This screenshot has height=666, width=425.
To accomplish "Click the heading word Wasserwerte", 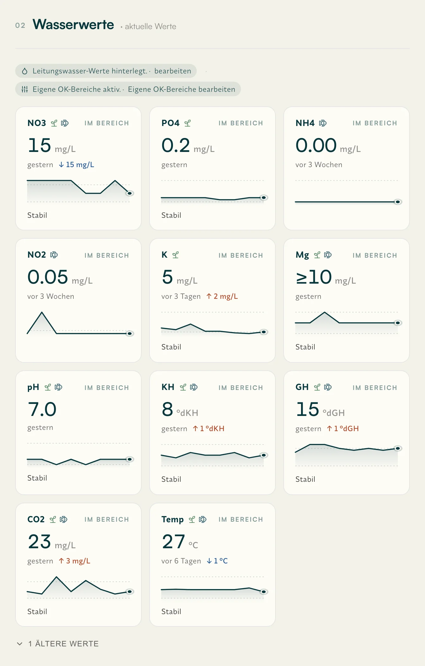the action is point(73,25).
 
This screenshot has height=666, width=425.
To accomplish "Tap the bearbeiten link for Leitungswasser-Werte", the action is point(173,71).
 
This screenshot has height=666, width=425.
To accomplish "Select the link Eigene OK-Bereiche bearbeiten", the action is point(182,89).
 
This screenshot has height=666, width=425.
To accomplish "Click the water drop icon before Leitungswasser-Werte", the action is point(25,71).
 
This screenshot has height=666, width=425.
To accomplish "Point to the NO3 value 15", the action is point(40,145).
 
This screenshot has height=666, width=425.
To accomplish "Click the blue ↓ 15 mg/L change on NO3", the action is point(77,165).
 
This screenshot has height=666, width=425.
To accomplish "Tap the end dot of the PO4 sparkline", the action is point(263,198).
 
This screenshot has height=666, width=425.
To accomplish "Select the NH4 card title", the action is point(305,123).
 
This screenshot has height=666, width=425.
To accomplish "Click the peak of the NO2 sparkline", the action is point(42,312).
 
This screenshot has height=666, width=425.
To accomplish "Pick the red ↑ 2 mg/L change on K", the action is point(222,296).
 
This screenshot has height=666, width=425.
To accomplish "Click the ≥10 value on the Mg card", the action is point(314,277).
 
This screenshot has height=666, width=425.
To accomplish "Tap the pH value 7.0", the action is point(42,409).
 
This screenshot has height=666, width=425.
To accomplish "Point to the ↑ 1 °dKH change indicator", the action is point(209,429).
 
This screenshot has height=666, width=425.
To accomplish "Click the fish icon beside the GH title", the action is point(328,387).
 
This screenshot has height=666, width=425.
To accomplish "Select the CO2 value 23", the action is point(40,541).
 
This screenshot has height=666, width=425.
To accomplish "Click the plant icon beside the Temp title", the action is point(192,519).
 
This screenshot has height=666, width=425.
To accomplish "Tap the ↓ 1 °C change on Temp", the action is point(217,561).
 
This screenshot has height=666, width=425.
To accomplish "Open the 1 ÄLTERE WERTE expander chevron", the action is point(20,644).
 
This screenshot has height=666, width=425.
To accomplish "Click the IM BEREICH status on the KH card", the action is point(241,388).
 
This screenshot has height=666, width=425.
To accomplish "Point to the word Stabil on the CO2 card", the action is point(37,612).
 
